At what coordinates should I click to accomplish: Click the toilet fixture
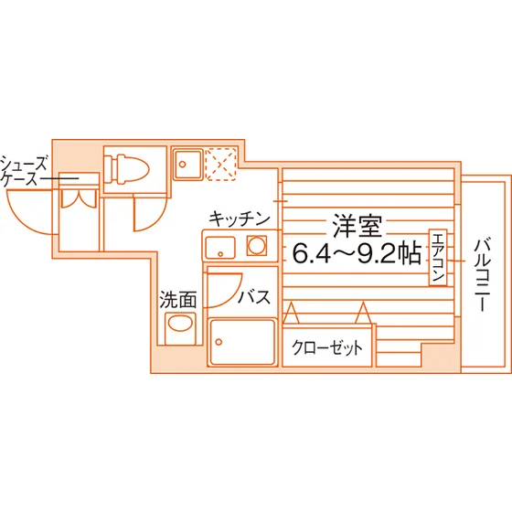[x=126, y=169]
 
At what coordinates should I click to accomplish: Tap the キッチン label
[x=240, y=219]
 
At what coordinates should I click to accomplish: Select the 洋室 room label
[x=357, y=226]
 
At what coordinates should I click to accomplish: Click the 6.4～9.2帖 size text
[x=357, y=254]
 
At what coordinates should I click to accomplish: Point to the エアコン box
[x=438, y=257]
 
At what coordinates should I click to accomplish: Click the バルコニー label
[x=483, y=275]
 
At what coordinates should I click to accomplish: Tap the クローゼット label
[x=327, y=347]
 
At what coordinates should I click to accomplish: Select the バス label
[x=254, y=297]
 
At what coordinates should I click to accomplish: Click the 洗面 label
[x=178, y=300]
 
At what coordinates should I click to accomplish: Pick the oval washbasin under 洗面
[x=180, y=324]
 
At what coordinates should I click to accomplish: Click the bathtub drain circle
[x=219, y=342]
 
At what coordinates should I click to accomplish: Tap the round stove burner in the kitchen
[x=256, y=245]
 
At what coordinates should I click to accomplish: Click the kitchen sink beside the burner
[x=219, y=248]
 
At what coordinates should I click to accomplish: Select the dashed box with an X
[x=220, y=164]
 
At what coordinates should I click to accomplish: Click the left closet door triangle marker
[x=291, y=313]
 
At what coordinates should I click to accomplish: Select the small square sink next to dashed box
[x=187, y=164]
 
